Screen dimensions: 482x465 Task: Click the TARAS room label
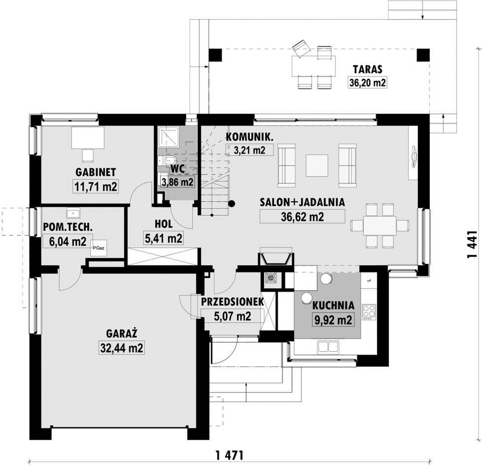[367, 69]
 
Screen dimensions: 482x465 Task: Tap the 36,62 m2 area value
[302, 217]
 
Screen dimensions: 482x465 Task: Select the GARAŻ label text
[121, 333]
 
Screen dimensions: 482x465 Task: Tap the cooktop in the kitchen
[369, 312]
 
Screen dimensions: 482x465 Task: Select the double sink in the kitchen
[328, 347]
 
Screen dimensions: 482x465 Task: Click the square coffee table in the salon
[316, 165]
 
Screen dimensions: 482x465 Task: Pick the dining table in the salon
[380, 225]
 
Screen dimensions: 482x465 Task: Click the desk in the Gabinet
[88, 138]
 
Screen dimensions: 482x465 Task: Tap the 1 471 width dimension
[230, 455]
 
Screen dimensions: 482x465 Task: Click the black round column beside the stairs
[232, 203]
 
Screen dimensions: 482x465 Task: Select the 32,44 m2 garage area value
[121, 348]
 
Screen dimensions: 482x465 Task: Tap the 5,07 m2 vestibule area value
[233, 316]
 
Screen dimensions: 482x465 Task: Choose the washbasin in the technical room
[73, 213]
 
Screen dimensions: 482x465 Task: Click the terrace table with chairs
[313, 65]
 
